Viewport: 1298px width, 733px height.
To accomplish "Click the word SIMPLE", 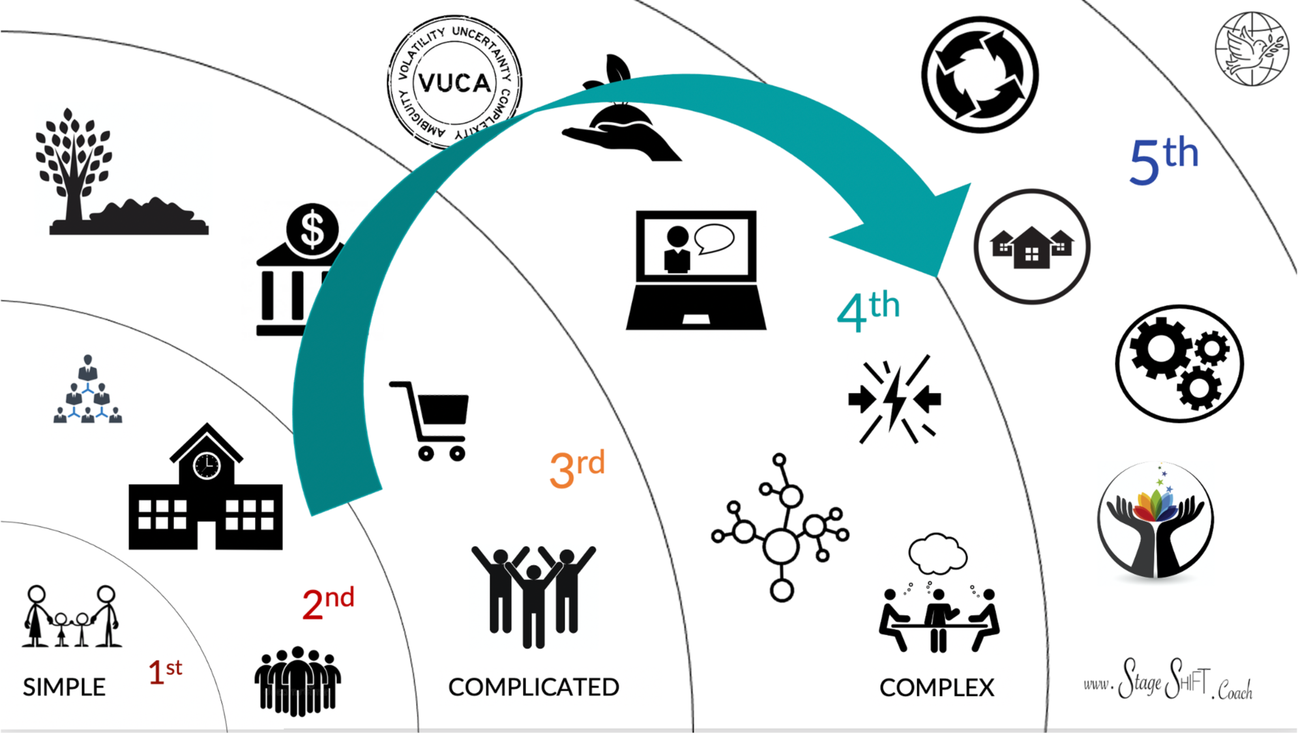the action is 64,687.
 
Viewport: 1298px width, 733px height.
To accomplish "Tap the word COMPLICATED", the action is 533,687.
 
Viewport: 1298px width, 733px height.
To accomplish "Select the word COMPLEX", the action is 937,687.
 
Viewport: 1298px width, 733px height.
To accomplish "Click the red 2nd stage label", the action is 328,603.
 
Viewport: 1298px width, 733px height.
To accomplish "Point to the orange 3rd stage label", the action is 577,468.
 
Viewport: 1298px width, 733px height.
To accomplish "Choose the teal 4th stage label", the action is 868,311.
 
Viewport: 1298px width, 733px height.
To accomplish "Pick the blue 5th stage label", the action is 1164,160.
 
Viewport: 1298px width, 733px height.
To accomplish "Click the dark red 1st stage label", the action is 165,672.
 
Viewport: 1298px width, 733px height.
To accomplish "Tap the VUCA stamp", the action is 455,82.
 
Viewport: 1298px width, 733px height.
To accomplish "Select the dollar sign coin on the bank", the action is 312,230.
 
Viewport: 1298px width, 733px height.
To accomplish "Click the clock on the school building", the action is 207,465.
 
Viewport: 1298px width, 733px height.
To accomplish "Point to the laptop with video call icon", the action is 696,270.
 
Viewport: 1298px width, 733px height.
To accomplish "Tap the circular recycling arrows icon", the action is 980,74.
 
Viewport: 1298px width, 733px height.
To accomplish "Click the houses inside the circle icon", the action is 1032,247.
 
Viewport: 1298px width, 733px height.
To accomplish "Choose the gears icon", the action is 1179,364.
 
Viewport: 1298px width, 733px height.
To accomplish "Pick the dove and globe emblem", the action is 1252,48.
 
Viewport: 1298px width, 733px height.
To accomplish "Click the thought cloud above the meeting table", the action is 937,553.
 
